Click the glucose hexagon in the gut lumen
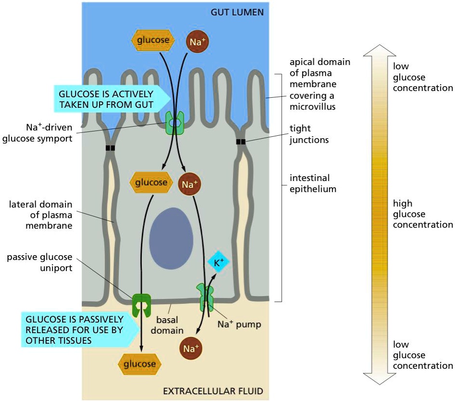[x=152, y=40]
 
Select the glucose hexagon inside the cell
[x=152, y=183]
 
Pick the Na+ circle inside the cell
[x=190, y=184]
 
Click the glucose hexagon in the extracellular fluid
[x=140, y=364]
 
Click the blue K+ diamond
[x=218, y=263]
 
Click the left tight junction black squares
[x=111, y=148]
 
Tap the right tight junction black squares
[x=241, y=142]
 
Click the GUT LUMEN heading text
[x=237, y=12]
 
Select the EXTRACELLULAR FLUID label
[x=214, y=390]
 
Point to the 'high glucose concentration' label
[x=422, y=214]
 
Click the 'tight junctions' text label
[x=309, y=135]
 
